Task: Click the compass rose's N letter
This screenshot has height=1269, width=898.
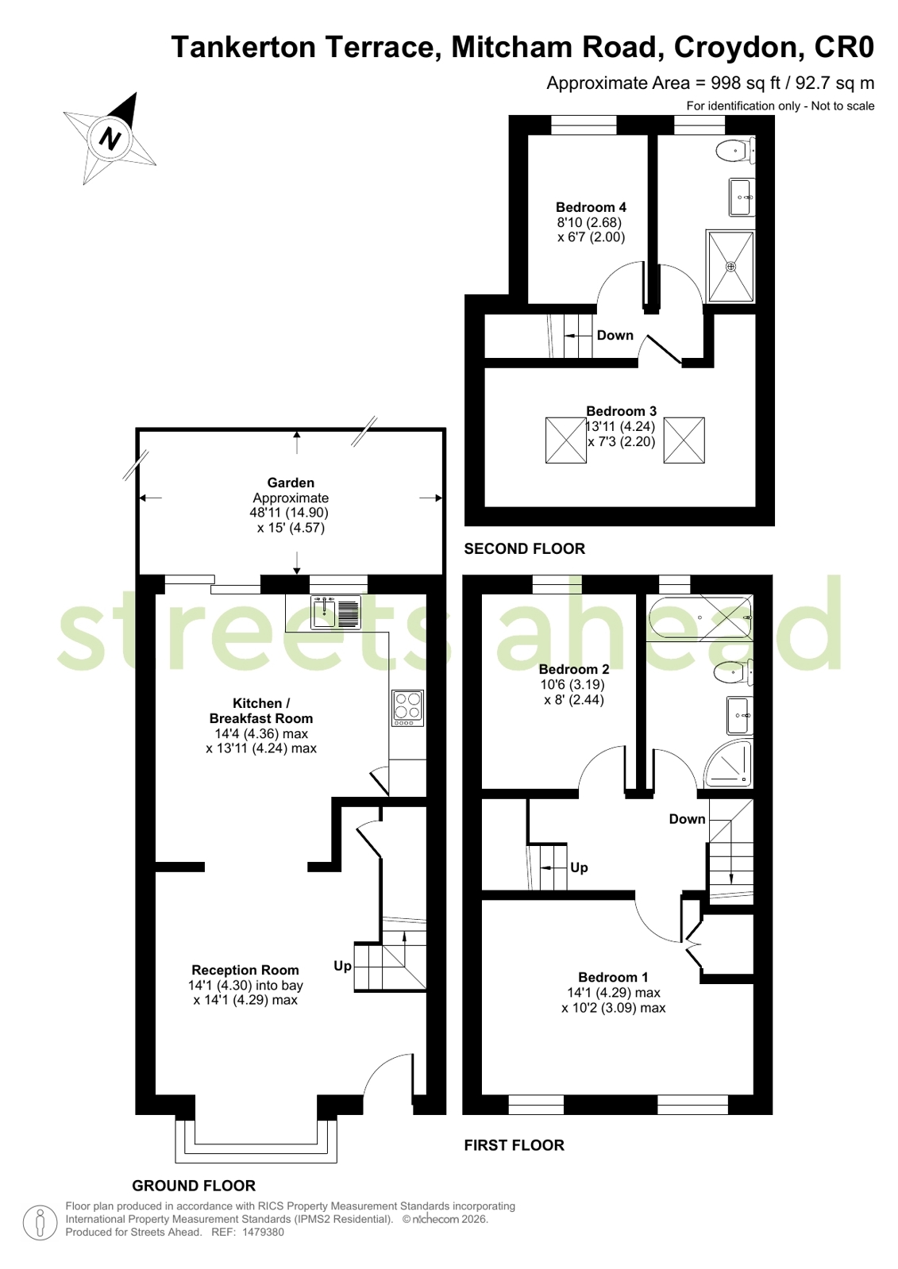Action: click(x=110, y=137)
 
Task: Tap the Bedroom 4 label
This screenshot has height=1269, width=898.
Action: click(x=591, y=207)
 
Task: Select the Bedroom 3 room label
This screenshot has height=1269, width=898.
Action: click(x=622, y=411)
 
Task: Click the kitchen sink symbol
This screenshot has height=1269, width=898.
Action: click(x=335, y=612)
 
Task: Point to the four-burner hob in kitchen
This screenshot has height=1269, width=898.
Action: click(x=407, y=708)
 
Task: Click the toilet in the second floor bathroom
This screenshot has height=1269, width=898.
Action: click(x=735, y=151)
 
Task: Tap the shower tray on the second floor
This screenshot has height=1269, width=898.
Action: click(x=730, y=266)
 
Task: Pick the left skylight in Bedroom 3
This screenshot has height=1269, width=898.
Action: click(x=566, y=440)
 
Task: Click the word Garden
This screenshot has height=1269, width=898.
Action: click(x=291, y=483)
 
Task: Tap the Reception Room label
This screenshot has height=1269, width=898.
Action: click(x=245, y=970)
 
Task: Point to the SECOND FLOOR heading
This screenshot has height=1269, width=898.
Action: click(x=524, y=548)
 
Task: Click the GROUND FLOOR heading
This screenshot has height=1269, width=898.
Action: click(x=194, y=1185)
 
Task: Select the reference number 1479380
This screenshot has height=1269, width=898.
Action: click(x=263, y=1232)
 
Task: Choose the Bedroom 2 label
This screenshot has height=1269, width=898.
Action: click(x=574, y=669)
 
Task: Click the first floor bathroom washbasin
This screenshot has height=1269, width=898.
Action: click(x=740, y=716)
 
